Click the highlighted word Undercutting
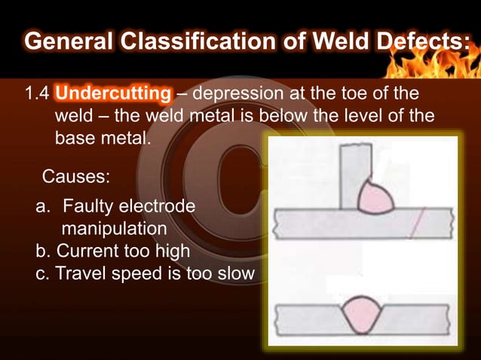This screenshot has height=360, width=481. tap(113, 96)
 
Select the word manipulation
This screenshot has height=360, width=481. tap(113, 227)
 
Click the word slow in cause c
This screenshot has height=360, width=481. tap(235, 273)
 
